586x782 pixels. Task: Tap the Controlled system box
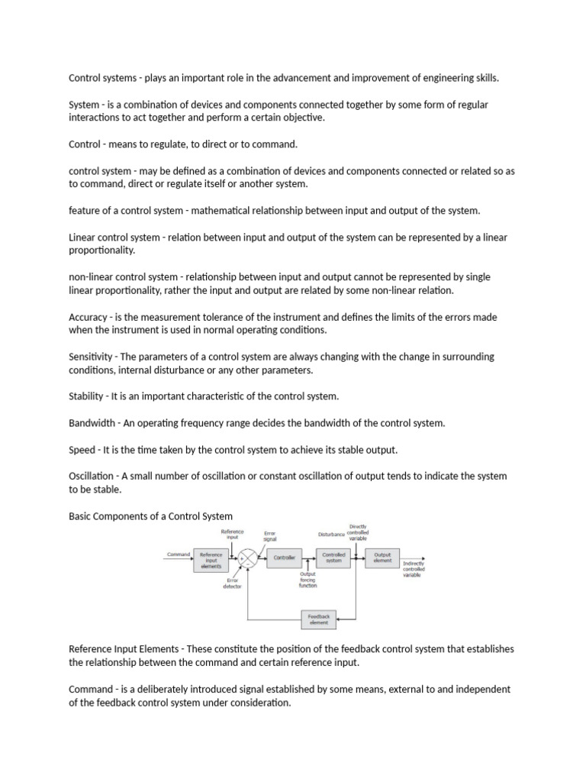coord(333,557)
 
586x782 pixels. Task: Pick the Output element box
coord(382,557)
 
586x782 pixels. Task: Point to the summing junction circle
coord(247,557)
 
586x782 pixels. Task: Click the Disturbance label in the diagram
coord(331,534)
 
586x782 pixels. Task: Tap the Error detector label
coord(233,583)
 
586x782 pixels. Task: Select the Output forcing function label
coord(307,580)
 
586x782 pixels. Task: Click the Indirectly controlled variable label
coord(414,569)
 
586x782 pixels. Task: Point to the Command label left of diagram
coord(178,554)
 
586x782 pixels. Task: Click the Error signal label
coord(270,535)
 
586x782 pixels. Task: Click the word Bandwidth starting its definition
coord(92,422)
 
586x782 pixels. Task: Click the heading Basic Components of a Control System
coord(151,517)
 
